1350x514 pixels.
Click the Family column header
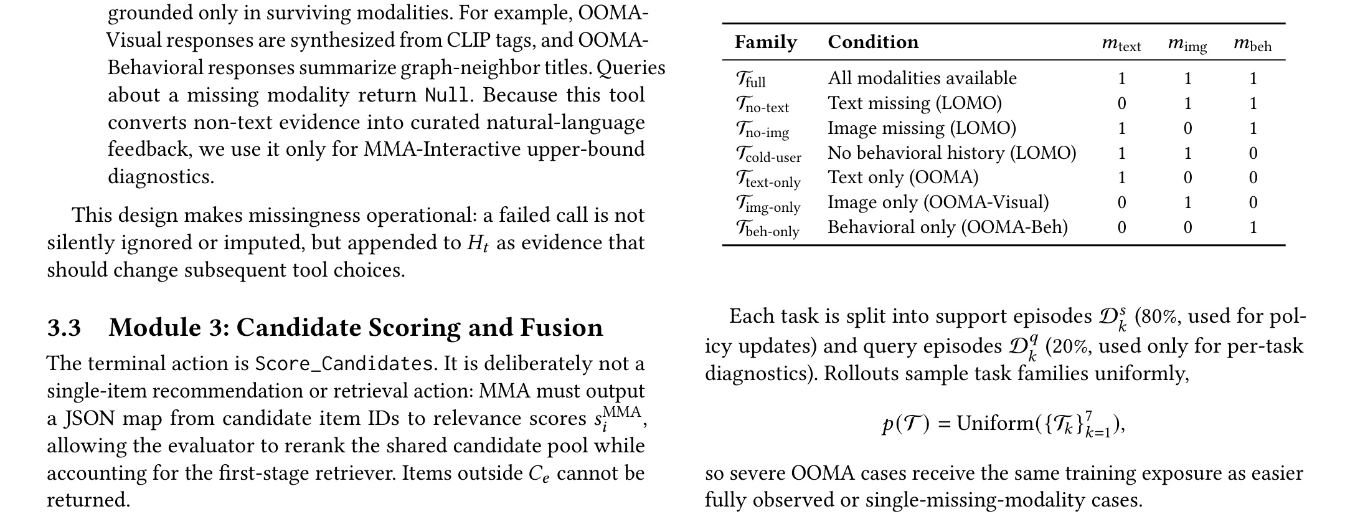(765, 42)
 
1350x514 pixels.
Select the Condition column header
(873, 42)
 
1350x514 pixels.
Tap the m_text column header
(1121, 44)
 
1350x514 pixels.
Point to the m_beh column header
(1253, 44)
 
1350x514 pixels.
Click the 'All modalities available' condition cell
(922, 78)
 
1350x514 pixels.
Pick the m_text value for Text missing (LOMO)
(1122, 103)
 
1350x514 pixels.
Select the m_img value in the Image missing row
(1187, 128)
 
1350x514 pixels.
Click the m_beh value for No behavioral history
(1253, 153)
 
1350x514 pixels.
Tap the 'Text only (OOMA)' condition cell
(903, 178)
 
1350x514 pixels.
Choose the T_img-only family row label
(768, 204)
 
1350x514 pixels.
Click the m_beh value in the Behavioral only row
(1253, 227)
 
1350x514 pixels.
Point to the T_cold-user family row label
(768, 155)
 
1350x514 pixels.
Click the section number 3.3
(64, 328)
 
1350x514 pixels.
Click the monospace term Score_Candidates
(344, 363)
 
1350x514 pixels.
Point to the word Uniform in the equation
(995, 423)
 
